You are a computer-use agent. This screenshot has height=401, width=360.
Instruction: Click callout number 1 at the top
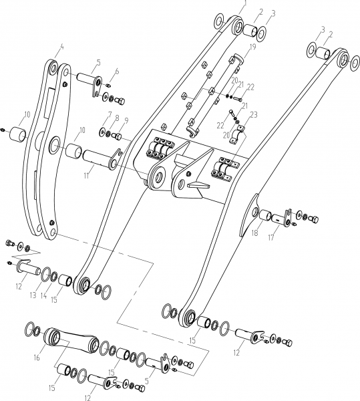[245, 3]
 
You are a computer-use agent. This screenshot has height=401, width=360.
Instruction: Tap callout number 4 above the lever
[61, 47]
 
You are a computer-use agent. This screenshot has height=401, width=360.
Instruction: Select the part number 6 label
[117, 72]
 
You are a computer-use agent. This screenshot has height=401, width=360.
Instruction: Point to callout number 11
[87, 176]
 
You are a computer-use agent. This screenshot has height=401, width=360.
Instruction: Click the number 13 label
[33, 295]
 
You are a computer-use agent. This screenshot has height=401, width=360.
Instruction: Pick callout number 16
[37, 358]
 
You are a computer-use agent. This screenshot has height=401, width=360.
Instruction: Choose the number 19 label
[252, 47]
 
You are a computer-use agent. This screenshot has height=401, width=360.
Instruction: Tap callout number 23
[254, 115]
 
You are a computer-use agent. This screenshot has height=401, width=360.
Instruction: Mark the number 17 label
[271, 237]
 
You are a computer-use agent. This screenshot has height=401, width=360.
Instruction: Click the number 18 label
[254, 233]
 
